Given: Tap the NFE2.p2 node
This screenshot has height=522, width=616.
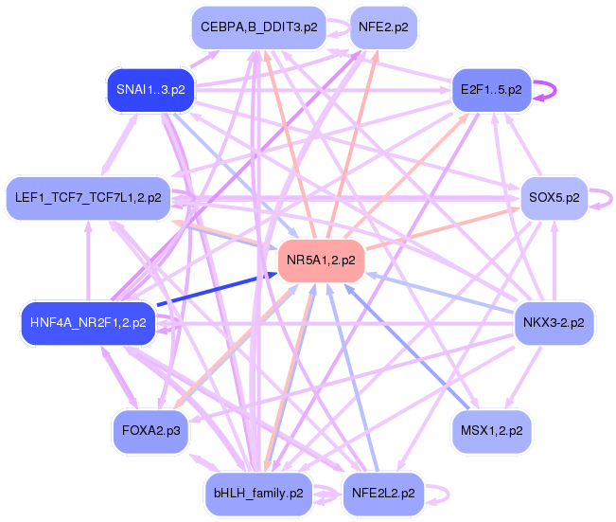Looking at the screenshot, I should click(x=383, y=27).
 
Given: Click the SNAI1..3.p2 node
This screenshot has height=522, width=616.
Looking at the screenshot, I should click(x=150, y=90).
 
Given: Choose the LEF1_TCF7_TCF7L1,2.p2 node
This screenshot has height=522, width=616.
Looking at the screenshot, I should click(x=88, y=198).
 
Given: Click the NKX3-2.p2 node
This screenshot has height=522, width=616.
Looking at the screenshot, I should click(x=554, y=323).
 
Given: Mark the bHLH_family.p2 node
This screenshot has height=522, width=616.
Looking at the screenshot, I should click(x=258, y=494).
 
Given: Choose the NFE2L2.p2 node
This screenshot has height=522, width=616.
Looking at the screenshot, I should click(x=382, y=494).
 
